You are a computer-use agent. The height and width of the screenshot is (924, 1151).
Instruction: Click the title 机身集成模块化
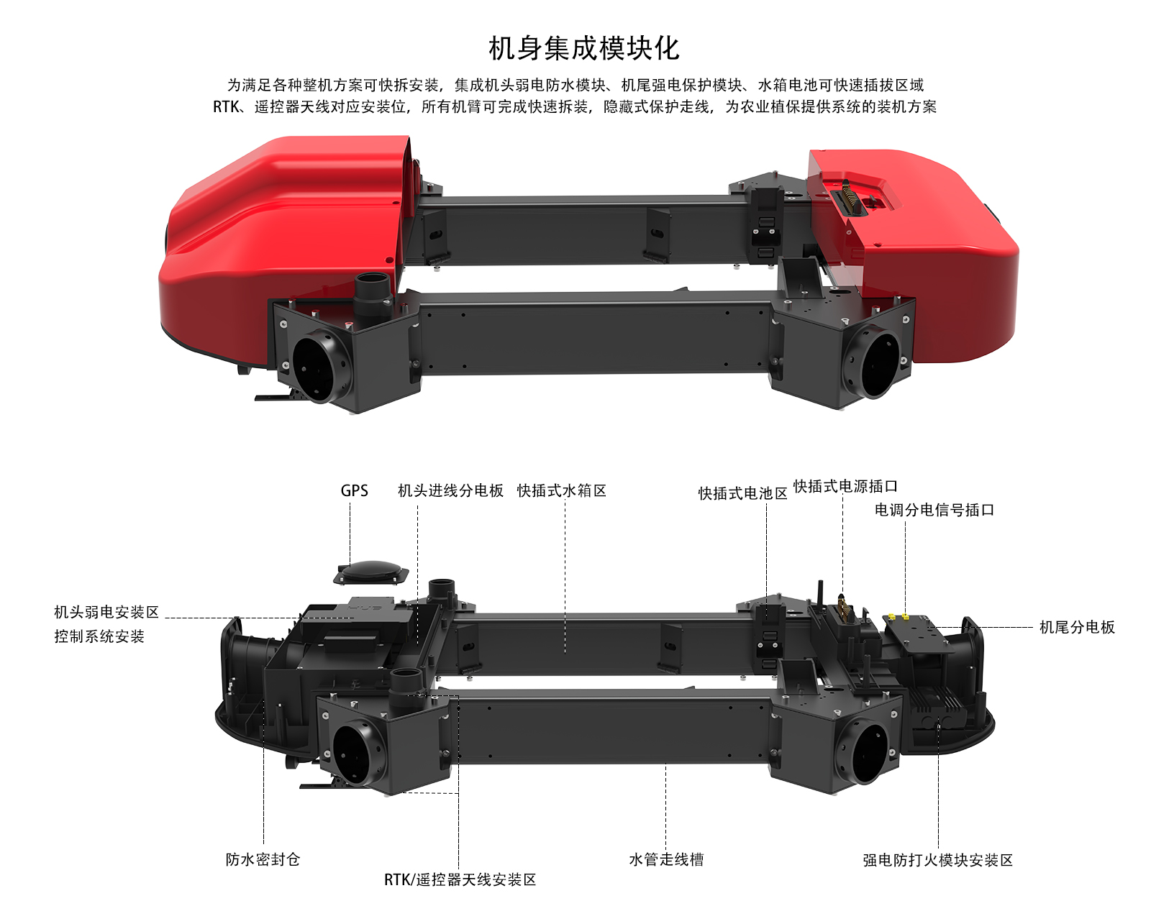(x=583, y=49)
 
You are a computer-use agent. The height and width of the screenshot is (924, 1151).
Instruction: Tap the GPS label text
(x=354, y=490)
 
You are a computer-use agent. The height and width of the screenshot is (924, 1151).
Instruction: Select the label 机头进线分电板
(x=450, y=490)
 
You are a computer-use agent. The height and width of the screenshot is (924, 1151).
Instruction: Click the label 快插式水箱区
(x=562, y=490)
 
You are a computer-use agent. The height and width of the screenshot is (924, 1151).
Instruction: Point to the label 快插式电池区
(x=743, y=493)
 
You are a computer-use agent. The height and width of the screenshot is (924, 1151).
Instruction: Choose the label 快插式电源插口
(x=845, y=486)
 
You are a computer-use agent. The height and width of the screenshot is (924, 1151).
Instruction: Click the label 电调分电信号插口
(x=934, y=510)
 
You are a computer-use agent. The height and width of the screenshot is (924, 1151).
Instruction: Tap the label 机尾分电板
(x=1077, y=627)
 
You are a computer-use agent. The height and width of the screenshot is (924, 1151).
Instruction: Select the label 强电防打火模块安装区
(x=937, y=860)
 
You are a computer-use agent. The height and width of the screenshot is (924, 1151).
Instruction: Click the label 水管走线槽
(x=666, y=859)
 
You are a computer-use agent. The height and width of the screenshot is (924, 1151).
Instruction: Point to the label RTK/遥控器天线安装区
(x=460, y=879)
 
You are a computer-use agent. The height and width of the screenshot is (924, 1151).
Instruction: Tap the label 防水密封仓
(x=263, y=859)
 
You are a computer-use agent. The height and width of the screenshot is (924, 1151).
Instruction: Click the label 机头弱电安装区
(x=106, y=612)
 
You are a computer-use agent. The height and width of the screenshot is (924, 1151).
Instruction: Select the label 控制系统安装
(x=99, y=636)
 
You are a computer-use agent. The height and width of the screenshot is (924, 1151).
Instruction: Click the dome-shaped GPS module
(x=371, y=572)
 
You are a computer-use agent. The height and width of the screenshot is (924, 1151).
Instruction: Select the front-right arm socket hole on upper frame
(x=872, y=364)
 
